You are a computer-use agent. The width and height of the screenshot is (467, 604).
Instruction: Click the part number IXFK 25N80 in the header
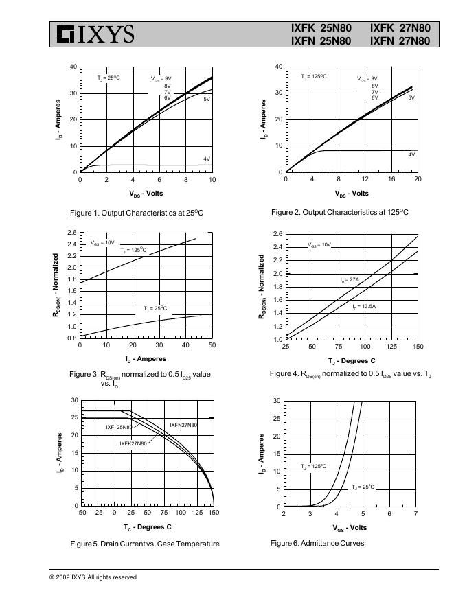pyautogui.click(x=321, y=28)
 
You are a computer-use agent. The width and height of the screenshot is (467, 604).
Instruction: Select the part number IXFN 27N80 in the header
pyautogui.click(x=400, y=41)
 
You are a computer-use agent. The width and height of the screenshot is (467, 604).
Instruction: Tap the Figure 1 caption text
pyautogui.click(x=137, y=213)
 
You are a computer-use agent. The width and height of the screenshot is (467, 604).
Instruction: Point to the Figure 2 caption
pyautogui.click(x=339, y=212)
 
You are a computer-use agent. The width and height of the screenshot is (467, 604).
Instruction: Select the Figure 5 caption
pyautogui.click(x=145, y=544)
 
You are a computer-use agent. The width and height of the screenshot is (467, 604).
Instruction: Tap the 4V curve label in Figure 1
pyautogui.click(x=206, y=159)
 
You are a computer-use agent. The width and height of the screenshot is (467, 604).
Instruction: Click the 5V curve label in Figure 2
pyautogui.click(x=411, y=98)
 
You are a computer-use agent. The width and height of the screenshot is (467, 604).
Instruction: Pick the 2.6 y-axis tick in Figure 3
pyautogui.click(x=72, y=233)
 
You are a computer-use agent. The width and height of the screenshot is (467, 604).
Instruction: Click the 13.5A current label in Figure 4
pyautogui.click(x=364, y=306)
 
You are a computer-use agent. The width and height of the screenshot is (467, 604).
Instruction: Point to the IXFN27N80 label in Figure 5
pyautogui.click(x=183, y=426)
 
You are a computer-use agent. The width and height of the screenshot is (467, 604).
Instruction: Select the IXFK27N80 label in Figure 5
pyautogui.click(x=133, y=443)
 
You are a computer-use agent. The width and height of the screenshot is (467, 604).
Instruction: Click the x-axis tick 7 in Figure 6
pyautogui.click(x=415, y=513)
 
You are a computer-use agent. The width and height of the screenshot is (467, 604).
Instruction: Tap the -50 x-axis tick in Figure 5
pyautogui.click(x=82, y=513)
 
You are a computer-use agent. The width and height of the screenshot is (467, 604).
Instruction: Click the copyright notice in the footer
pyautogui.click(x=93, y=577)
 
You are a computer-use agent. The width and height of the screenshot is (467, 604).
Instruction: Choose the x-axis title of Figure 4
pyautogui.click(x=352, y=361)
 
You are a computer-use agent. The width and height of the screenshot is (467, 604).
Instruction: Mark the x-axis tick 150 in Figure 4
pyautogui.click(x=418, y=347)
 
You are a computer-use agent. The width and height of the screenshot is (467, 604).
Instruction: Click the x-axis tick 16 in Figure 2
pyautogui.click(x=391, y=179)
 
